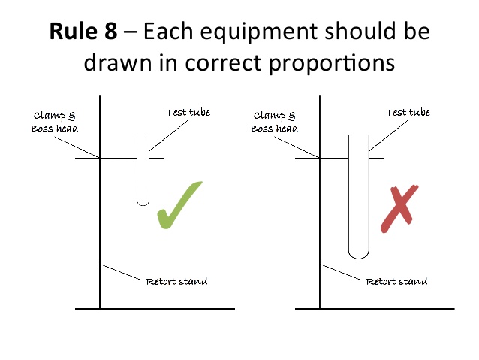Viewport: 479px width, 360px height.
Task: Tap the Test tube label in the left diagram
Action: (188, 113)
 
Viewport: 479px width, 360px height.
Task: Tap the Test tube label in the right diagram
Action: (408, 113)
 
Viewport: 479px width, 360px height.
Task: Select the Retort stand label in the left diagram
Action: (176, 282)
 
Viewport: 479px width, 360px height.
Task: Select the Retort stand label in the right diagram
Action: (396, 282)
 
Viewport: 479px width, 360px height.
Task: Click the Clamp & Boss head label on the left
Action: (55, 122)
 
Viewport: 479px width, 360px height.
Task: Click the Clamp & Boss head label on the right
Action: (276, 122)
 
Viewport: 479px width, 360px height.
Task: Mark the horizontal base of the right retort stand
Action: (375, 309)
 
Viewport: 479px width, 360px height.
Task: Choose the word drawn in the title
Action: (115, 62)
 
